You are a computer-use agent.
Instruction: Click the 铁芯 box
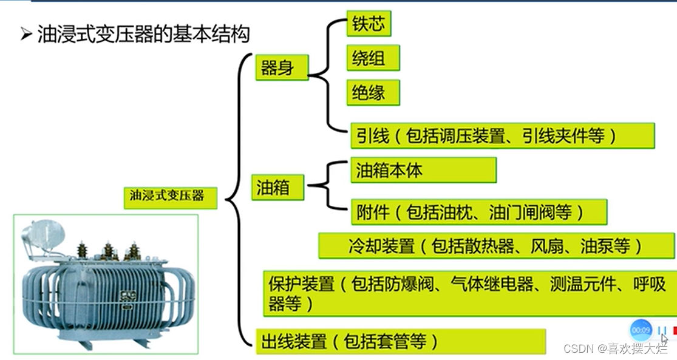coord(368,24)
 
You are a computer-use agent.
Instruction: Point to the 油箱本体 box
coord(423,170)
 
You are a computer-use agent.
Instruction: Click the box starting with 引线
coord(502,136)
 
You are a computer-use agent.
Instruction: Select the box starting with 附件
coord(478,212)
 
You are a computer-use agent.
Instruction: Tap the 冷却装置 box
coord(497,246)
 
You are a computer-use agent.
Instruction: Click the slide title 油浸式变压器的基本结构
coord(143,34)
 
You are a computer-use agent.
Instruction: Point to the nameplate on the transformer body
coord(128,297)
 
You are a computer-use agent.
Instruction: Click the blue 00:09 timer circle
coord(641,330)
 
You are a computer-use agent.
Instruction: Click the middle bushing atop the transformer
coord(108,250)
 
